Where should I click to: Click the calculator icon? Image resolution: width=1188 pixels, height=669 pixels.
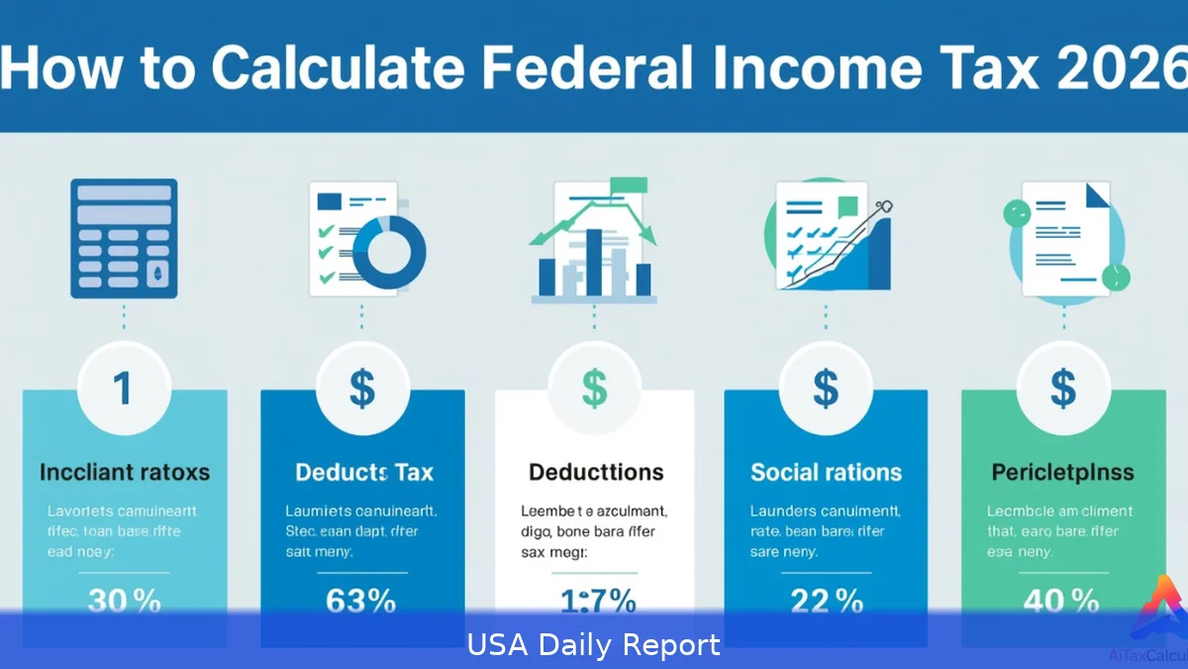[124, 238]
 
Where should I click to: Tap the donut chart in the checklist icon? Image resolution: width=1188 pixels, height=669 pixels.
[389, 253]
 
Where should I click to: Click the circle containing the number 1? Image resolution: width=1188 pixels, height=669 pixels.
[124, 389]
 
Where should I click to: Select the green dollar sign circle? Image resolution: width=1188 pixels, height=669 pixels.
[594, 389]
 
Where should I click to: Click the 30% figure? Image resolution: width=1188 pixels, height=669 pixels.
[125, 601]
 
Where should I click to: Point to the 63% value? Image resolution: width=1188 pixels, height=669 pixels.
[361, 601]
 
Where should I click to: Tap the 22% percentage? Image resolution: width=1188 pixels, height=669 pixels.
[826, 601]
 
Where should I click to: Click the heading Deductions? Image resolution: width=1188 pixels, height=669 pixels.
[596, 472]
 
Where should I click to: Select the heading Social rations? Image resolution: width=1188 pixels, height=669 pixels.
[826, 472]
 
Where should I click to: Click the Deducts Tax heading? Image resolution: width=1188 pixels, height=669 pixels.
[364, 472]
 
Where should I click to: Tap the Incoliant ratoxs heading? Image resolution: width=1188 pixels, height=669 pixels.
[125, 472]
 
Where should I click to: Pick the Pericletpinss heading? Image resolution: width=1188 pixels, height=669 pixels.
[1063, 472]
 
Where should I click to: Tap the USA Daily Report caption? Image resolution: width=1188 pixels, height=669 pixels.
[594, 645]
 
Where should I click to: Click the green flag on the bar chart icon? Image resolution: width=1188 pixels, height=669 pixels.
[628, 185]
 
